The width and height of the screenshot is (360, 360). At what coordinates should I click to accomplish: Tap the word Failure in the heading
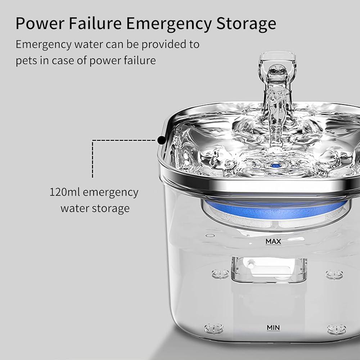tap(95, 23)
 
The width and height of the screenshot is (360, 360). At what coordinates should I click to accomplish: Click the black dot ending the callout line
tap(162, 140)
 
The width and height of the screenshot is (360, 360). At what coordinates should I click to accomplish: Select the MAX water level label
tap(273, 242)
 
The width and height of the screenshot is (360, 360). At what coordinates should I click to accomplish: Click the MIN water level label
tap(273, 328)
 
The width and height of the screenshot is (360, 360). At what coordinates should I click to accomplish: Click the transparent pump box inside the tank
tap(269, 270)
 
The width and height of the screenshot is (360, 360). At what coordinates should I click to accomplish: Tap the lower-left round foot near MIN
tap(214, 328)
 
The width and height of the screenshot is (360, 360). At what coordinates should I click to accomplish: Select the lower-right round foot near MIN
tap(336, 329)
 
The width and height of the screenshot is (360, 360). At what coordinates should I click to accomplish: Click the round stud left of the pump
tap(220, 274)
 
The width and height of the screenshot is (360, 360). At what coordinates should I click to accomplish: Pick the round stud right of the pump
tap(334, 274)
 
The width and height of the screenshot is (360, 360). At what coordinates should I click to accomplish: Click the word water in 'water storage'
tap(75, 208)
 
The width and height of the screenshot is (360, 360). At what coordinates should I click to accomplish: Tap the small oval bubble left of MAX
tap(210, 235)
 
